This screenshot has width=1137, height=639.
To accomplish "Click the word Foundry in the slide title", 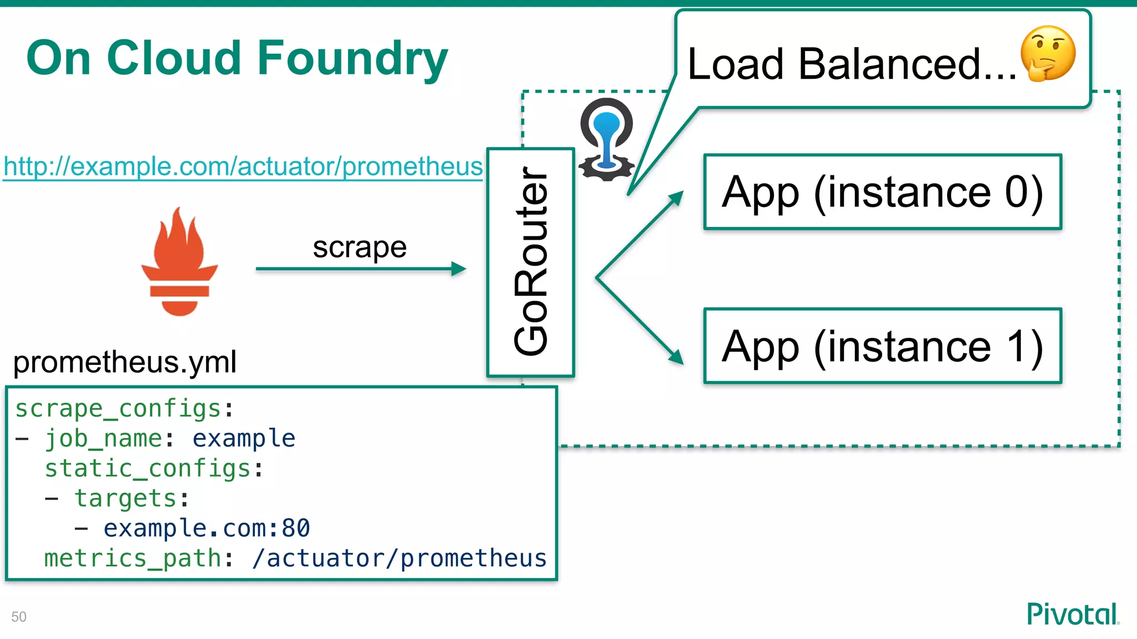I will coord(352,58).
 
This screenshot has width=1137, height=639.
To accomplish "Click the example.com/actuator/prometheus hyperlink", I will coord(243,166).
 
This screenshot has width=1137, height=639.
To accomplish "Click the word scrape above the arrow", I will coord(359,247).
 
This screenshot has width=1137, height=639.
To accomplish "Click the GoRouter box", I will coord(530,262).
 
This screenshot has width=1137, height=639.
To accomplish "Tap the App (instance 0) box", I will coord(882,192).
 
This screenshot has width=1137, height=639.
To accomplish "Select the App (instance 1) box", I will coord(882,346).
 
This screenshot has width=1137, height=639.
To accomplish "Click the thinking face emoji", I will coord(1048,54).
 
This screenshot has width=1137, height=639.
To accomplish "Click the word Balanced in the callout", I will coord(889,64).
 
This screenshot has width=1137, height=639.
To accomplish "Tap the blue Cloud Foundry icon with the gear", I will coord(606,140).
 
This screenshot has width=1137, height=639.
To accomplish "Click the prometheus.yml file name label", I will coord(125,362).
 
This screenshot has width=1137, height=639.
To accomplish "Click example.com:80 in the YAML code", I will coord(207,528).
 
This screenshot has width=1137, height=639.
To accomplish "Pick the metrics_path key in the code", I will coord(133,558).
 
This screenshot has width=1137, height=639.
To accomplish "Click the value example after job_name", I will coord(244,439).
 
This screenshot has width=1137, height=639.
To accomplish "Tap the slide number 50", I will coord(19,617).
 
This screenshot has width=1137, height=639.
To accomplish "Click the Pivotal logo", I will coord(1072,614).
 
